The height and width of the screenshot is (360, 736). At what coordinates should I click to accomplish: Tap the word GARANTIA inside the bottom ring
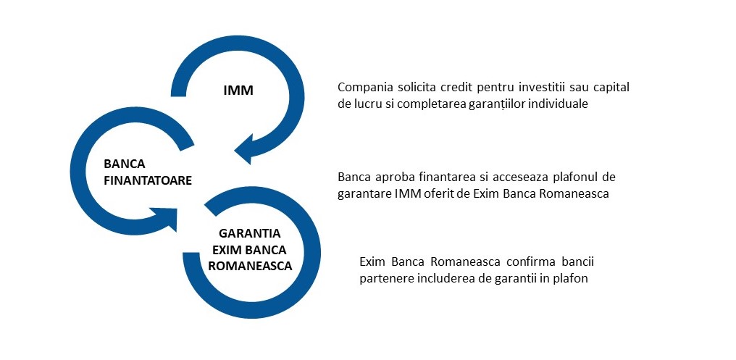coord(249,233)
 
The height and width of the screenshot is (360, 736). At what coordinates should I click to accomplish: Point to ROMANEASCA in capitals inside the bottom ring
coord(249,265)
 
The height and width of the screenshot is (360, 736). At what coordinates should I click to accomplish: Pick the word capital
coord(611,88)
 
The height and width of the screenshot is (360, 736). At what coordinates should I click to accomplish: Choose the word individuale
coord(556,104)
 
